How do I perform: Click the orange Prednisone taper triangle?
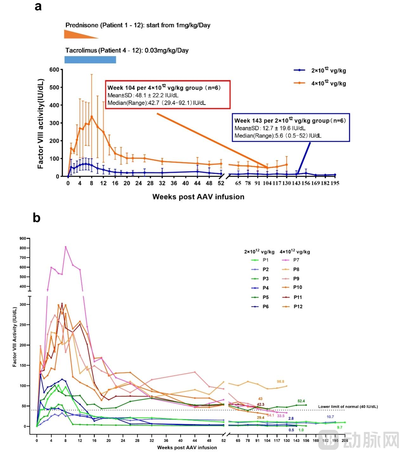(76, 35)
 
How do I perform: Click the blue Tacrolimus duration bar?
(90, 60)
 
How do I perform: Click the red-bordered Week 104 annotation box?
(168, 95)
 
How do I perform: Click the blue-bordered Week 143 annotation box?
(291, 128)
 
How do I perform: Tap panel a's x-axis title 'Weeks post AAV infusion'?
(198, 197)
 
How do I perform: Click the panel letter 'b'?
(37, 218)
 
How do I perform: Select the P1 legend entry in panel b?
(260, 260)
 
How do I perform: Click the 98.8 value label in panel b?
(280, 382)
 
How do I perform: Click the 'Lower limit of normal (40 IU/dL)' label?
(348, 407)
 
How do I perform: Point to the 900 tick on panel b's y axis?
(23, 238)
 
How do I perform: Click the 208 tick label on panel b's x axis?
(345, 440)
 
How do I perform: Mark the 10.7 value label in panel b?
(330, 417)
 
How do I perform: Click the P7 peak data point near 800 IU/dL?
(66, 247)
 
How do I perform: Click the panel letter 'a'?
(38, 6)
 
